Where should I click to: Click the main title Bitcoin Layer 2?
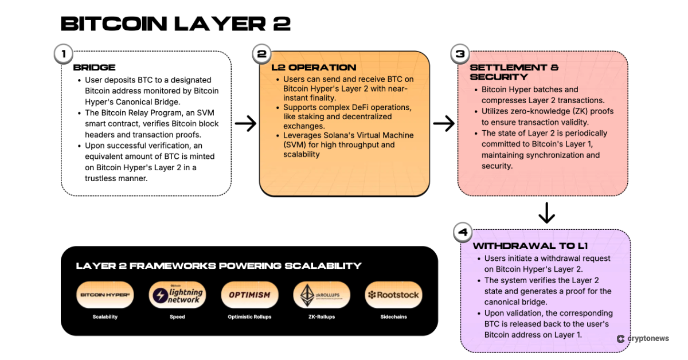pyautogui.click(x=175, y=24)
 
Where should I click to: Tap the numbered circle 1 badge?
pyautogui.click(x=63, y=54)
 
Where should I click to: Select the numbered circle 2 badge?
pyautogui.click(x=261, y=54)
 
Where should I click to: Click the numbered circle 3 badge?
pyautogui.click(x=460, y=54)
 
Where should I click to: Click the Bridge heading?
pyautogui.click(x=94, y=67)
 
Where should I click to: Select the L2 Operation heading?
pyautogui.click(x=314, y=67)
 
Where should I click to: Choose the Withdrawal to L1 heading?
pyautogui.click(x=530, y=245)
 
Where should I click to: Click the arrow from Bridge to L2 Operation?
pyautogui.click(x=245, y=123)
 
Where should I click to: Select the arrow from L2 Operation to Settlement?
pyautogui.click(x=443, y=123)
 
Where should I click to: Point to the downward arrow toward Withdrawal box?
pyautogui.click(x=546, y=213)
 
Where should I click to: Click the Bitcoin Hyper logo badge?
pyautogui.click(x=105, y=295)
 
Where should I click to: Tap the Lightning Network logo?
pyautogui.click(x=177, y=295)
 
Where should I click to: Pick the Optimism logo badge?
pyautogui.click(x=249, y=295)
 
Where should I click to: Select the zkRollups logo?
pyautogui.click(x=322, y=295)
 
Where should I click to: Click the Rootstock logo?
pyautogui.click(x=394, y=295)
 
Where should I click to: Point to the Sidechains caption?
pyautogui.click(x=394, y=316)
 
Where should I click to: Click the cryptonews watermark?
pyautogui.click(x=643, y=339)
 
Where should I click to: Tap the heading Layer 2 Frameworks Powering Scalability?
pyautogui.click(x=218, y=265)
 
